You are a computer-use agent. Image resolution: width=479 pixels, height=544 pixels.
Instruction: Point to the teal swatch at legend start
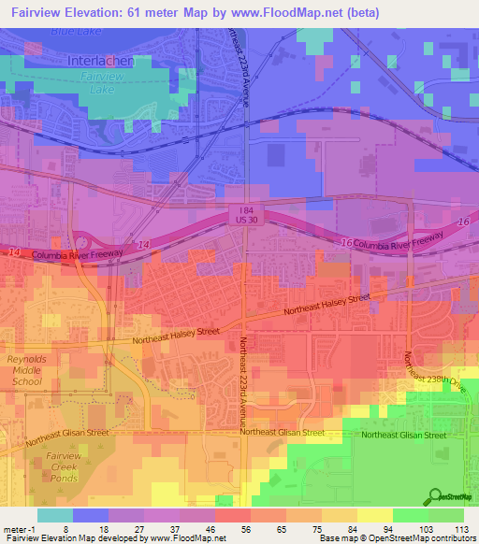pyautogui.click(x=54, y=515)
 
